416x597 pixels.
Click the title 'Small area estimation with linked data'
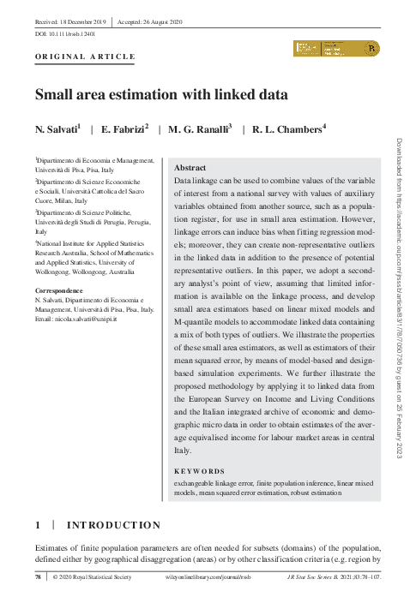tap(160, 95)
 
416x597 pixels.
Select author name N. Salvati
tap(57, 129)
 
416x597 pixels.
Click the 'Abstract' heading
tap(190, 169)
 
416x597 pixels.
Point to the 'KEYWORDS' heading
tap(199, 471)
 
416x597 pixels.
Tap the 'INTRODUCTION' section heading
tap(113, 525)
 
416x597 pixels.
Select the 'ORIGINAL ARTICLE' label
tap(85, 57)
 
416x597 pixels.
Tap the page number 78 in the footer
tap(38, 579)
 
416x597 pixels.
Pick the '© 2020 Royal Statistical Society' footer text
tap(93, 579)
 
